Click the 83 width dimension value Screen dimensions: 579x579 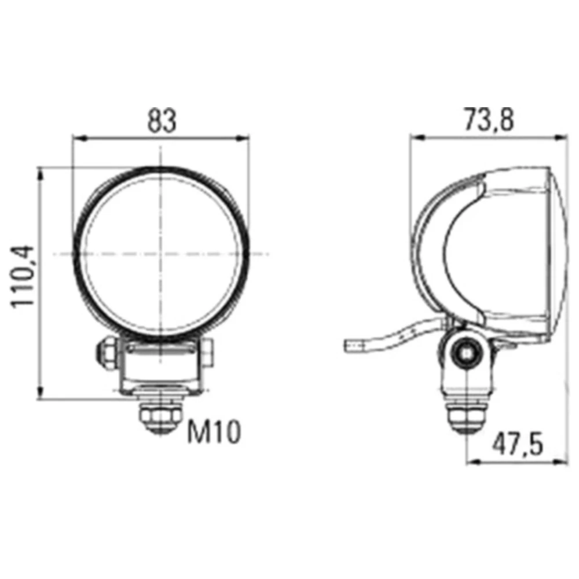[x=161, y=121]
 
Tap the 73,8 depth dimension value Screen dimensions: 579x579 [x=488, y=121]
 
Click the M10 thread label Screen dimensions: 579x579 [x=213, y=433]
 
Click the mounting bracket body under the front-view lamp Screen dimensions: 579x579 [x=162, y=368]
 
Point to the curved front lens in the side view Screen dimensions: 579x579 [x=555, y=255]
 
